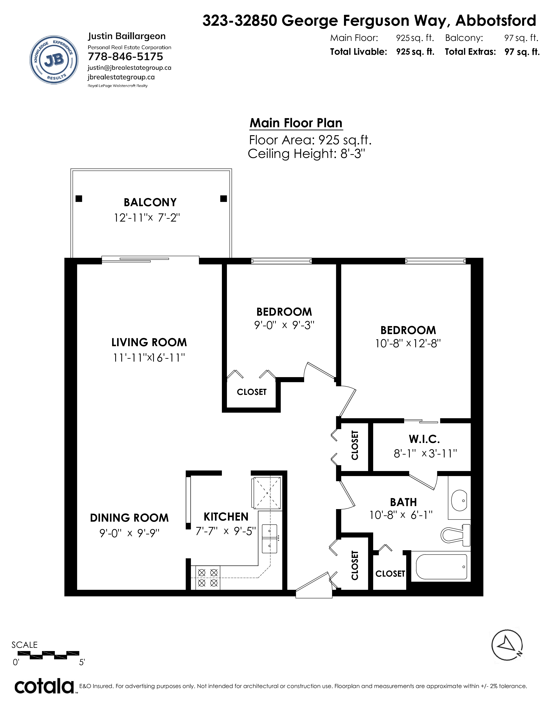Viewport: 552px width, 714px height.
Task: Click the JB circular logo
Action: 54,59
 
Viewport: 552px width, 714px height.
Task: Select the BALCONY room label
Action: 150,202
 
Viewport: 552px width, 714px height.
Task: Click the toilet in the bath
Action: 455,534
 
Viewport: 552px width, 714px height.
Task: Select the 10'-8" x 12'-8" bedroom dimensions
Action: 408,344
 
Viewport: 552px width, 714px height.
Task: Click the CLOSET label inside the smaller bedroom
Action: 252,392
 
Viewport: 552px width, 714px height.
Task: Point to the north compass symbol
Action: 507,654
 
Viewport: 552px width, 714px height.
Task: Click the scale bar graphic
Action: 48,655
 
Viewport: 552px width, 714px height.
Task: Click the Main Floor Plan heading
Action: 296,123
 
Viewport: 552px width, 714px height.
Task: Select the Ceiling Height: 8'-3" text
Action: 306,154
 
